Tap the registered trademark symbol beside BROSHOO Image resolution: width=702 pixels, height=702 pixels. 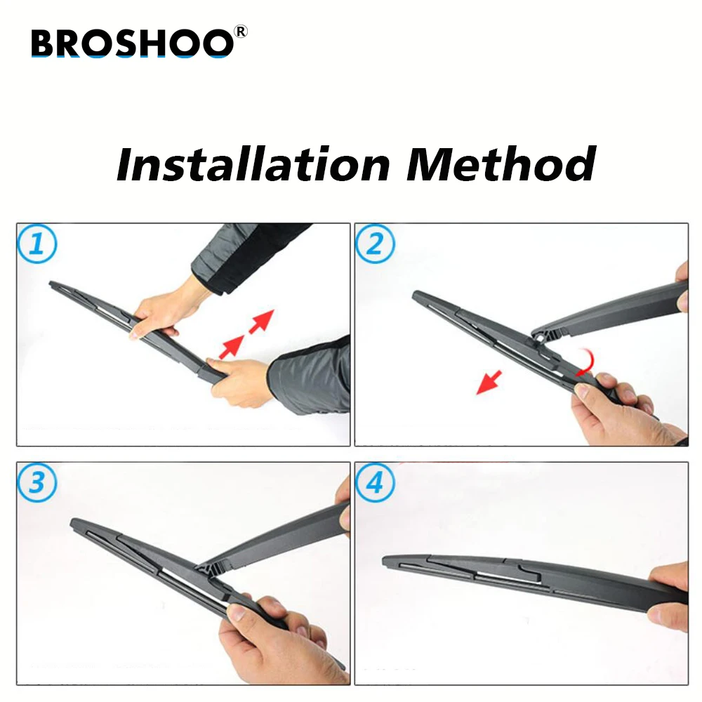pyautogui.click(x=240, y=32)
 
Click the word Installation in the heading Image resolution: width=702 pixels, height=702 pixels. pyautogui.click(x=253, y=164)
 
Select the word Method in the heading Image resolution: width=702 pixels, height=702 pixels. pyautogui.click(x=501, y=164)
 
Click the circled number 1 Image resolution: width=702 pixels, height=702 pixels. pyautogui.click(x=37, y=244)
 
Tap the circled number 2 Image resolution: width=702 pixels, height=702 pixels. pyautogui.click(x=375, y=244)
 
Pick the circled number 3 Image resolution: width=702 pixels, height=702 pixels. pyautogui.click(x=37, y=483)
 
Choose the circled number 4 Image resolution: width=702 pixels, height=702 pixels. pyautogui.click(x=375, y=483)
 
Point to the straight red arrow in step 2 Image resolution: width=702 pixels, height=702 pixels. pyautogui.click(x=489, y=383)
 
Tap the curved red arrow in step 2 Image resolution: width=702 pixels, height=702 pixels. pyautogui.click(x=587, y=363)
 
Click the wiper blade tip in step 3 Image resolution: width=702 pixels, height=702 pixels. pyautogui.click(x=74, y=522)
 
